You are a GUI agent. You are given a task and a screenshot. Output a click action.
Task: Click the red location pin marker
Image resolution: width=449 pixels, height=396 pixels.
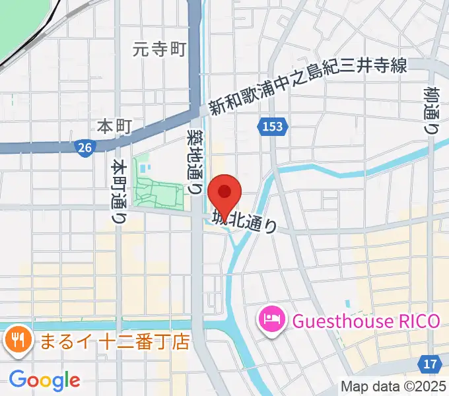click(224, 193)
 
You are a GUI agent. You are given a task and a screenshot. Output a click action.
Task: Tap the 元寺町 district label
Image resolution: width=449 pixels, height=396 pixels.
click(159, 48)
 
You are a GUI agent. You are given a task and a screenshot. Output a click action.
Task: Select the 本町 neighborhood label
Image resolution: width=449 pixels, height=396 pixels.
click(115, 125)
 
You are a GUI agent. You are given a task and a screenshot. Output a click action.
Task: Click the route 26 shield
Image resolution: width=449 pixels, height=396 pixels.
click(84, 148)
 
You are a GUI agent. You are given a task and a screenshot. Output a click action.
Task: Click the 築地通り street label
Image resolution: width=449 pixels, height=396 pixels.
click(195, 160)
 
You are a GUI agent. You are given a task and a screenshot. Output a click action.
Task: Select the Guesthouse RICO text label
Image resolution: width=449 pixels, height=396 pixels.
click(365, 321)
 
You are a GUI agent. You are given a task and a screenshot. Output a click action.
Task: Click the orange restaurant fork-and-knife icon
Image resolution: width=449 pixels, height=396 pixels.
click(17, 341)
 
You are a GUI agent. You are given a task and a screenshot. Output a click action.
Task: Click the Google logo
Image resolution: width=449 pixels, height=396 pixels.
click(44, 379)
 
